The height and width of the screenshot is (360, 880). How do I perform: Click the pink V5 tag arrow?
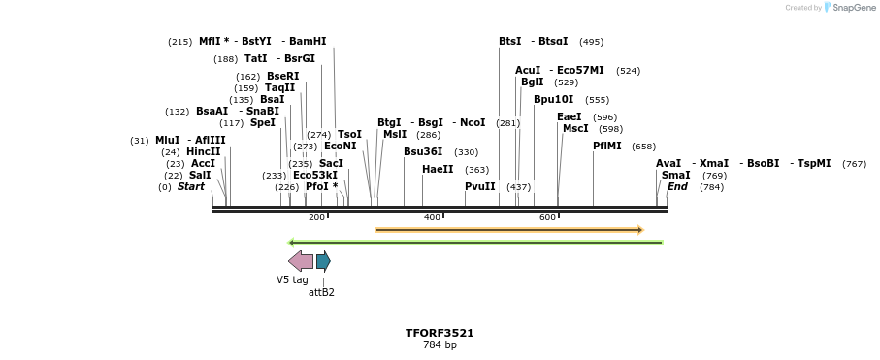point(301,261)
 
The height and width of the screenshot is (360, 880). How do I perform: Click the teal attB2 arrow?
point(323,261)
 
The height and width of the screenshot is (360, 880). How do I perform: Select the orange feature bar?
point(508,230)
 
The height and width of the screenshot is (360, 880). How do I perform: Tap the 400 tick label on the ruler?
point(432,217)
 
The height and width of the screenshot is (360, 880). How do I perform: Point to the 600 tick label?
point(547,217)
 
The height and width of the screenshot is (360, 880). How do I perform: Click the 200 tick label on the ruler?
point(316,217)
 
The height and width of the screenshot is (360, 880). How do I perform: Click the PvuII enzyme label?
point(479,186)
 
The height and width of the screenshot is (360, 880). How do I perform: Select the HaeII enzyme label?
point(438,169)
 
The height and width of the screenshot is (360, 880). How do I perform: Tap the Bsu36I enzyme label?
point(423,152)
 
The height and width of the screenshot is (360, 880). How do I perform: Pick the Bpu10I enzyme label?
point(553,99)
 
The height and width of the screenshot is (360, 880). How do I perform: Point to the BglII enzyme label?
point(533,82)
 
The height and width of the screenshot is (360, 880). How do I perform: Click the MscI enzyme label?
point(575,128)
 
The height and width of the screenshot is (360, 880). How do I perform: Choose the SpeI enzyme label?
point(263,123)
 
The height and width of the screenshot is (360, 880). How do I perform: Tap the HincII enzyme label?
point(204,151)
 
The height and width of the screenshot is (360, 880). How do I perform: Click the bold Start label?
point(191,186)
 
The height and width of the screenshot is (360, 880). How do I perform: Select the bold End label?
point(677,186)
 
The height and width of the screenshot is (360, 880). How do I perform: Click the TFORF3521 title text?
point(440,333)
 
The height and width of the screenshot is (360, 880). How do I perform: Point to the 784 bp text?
point(440,345)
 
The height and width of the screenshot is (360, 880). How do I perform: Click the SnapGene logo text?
point(851,8)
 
